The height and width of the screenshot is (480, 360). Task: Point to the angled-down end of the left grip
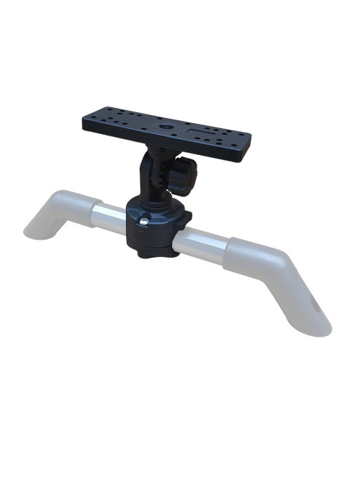(x=40, y=227)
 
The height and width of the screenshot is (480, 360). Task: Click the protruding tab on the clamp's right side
(x=185, y=218)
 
